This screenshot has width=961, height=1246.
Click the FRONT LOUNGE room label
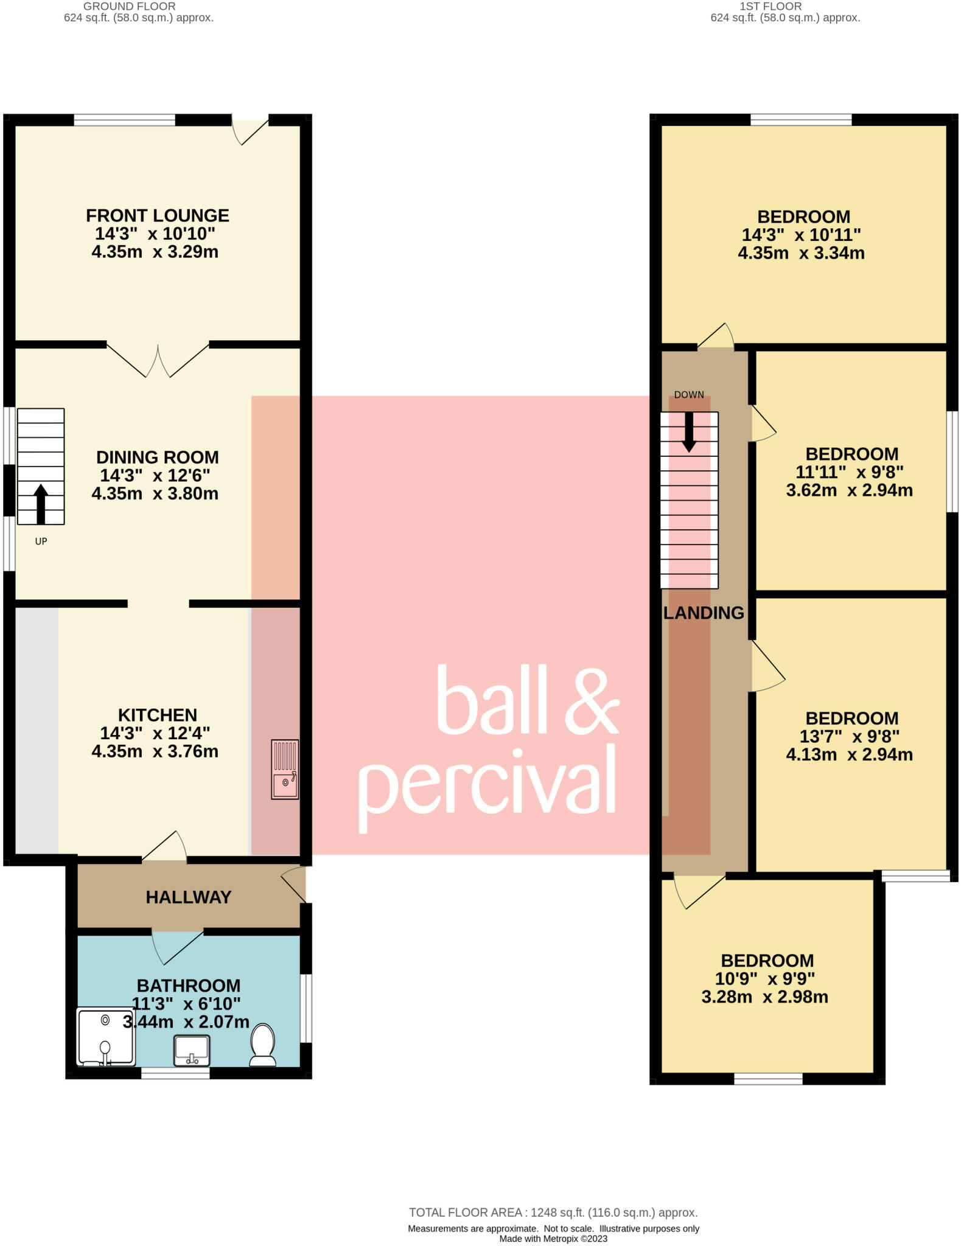click(158, 215)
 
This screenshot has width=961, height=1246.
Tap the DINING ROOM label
click(158, 457)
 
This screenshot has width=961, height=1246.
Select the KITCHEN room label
click(158, 715)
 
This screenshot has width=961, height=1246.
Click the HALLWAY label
click(189, 897)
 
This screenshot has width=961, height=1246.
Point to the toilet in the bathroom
click(263, 1045)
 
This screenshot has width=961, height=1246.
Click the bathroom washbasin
click(192, 1051)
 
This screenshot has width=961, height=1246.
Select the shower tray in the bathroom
click(106, 1037)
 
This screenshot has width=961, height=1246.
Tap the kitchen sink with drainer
click(285, 769)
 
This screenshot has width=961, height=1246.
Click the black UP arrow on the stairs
click(41, 504)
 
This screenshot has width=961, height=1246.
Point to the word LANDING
click(704, 613)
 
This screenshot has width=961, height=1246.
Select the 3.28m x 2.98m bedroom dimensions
click(765, 997)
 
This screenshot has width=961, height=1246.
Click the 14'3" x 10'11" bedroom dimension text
click(802, 235)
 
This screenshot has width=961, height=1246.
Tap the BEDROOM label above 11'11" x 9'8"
click(852, 454)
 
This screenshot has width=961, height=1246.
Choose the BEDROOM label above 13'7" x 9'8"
click(852, 718)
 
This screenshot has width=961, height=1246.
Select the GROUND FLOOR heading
click(129, 6)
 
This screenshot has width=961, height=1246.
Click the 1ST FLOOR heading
click(771, 6)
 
